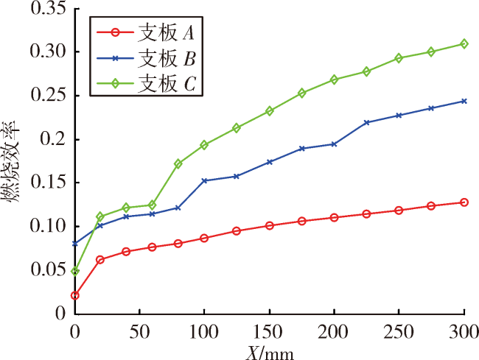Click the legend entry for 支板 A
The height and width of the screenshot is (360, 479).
145,32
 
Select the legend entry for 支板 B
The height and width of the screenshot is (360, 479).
145,58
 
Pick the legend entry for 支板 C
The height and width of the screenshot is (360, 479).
145,83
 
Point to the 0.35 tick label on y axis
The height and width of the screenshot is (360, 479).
44,8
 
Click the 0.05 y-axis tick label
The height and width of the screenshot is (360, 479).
44,269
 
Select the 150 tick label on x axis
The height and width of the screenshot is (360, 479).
268,331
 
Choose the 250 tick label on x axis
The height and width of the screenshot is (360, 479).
399,331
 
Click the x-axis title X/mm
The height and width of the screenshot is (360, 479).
270,353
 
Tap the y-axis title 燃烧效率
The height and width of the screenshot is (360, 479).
11,162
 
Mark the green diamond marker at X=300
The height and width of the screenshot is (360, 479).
464,44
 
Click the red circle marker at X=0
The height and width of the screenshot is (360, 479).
75,295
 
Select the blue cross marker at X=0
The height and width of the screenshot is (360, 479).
75,244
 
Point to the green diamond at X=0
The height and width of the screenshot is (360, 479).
75,271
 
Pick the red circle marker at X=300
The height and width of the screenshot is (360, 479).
464,202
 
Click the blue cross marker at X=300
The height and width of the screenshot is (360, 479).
464,101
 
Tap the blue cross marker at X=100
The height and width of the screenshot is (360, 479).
204,180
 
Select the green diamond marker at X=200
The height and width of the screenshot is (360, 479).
335,80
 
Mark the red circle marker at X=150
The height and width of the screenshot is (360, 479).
270,226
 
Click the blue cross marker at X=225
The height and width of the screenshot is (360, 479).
367,122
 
